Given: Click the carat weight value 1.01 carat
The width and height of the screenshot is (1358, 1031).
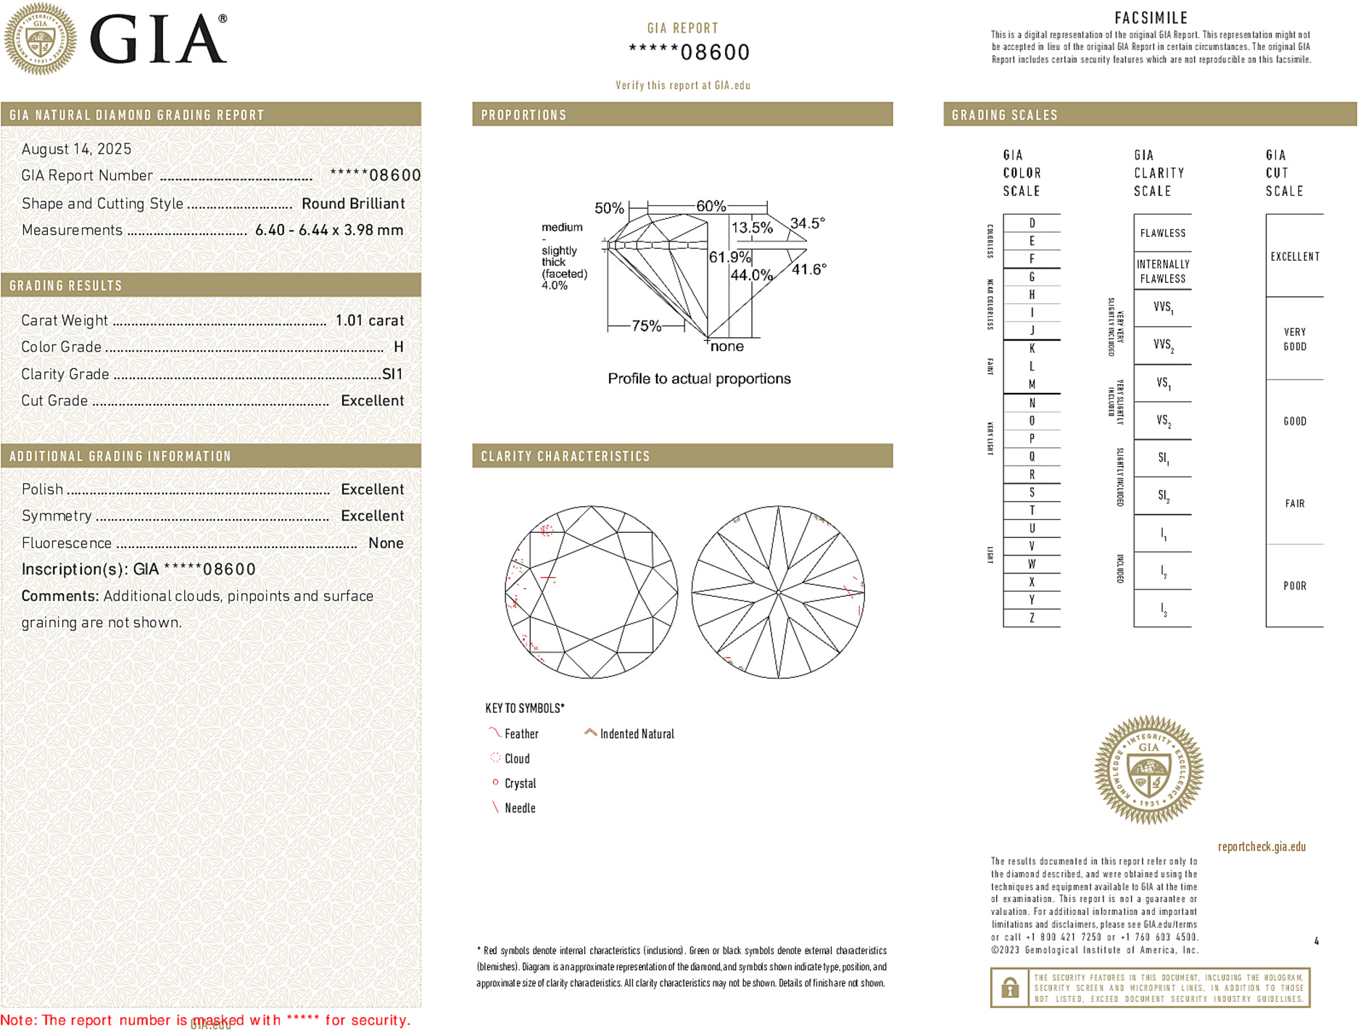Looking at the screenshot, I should (x=369, y=320).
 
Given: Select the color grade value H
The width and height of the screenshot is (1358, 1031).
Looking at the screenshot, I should (x=398, y=347).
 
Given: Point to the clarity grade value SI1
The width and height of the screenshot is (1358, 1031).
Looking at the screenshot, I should (x=392, y=374).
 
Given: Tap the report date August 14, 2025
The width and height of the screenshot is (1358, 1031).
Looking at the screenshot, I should (x=76, y=149).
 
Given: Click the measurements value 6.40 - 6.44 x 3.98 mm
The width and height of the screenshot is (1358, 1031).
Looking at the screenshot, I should (x=328, y=231).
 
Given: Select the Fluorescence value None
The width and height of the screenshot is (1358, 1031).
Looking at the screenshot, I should (x=386, y=543).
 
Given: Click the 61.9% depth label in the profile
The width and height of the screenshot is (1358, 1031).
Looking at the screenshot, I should (x=729, y=257).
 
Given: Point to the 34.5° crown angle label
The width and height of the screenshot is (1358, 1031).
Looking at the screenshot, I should (x=808, y=223).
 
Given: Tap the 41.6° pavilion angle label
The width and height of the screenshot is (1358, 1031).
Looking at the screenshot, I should (x=808, y=270).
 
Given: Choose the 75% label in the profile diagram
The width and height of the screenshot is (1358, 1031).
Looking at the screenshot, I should (x=646, y=326).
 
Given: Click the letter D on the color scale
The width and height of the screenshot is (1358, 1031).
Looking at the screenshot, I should (x=1032, y=223).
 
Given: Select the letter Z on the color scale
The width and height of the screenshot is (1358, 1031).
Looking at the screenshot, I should (x=1032, y=618).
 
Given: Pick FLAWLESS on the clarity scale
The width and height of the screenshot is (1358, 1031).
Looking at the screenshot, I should (x=1162, y=233).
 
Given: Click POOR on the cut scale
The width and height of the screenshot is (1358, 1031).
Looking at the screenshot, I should (x=1294, y=586).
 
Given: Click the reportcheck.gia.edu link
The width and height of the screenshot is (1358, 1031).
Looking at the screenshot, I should (x=1262, y=847).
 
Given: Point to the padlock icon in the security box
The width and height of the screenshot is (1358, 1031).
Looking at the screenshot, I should (x=1009, y=987).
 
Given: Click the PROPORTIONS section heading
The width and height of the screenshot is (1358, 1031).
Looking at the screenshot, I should (x=523, y=115).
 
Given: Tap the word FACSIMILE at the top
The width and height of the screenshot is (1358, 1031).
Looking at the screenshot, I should (x=1151, y=18).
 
